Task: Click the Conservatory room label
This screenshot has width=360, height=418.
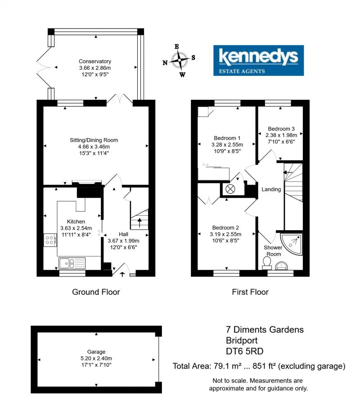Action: point(95,61)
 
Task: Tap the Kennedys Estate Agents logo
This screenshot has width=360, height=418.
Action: point(258,61)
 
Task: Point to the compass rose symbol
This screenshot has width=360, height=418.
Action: point(179,60)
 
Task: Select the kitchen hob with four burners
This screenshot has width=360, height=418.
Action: point(50,240)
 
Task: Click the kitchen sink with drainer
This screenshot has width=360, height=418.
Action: point(72,263)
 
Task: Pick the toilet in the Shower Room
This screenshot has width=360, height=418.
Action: point(266,263)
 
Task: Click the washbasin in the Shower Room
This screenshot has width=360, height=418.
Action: point(281,266)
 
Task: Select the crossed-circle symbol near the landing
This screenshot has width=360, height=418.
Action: point(230,189)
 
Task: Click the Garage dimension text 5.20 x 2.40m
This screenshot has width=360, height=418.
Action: point(96,358)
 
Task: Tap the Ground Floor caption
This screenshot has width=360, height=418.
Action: point(96,292)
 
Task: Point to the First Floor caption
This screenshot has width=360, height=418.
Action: point(250,292)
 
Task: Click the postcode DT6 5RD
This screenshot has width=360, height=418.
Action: point(245,351)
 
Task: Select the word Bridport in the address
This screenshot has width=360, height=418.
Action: point(242,340)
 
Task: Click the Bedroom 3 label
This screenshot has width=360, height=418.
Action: point(281,129)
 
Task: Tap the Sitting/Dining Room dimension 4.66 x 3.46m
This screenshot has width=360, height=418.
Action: point(94,147)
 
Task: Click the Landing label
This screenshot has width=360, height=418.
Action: point(271,189)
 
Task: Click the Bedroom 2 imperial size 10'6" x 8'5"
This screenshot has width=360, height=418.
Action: point(226,240)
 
